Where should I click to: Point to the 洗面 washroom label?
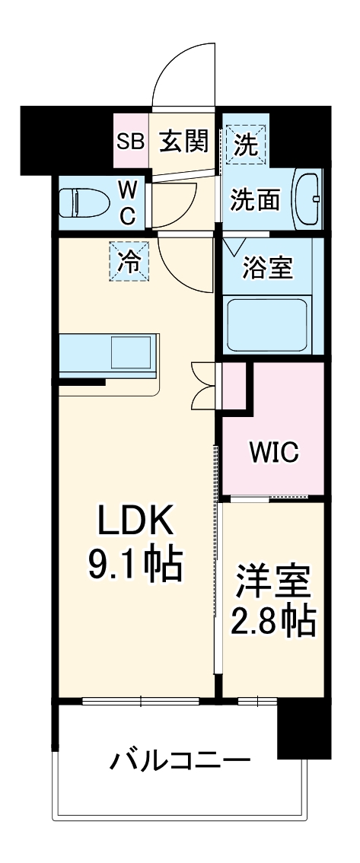tap(256, 200)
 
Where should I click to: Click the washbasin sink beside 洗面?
tap(308, 199)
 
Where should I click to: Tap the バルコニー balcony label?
tap(180, 761)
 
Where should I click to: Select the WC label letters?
tap(127, 202)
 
